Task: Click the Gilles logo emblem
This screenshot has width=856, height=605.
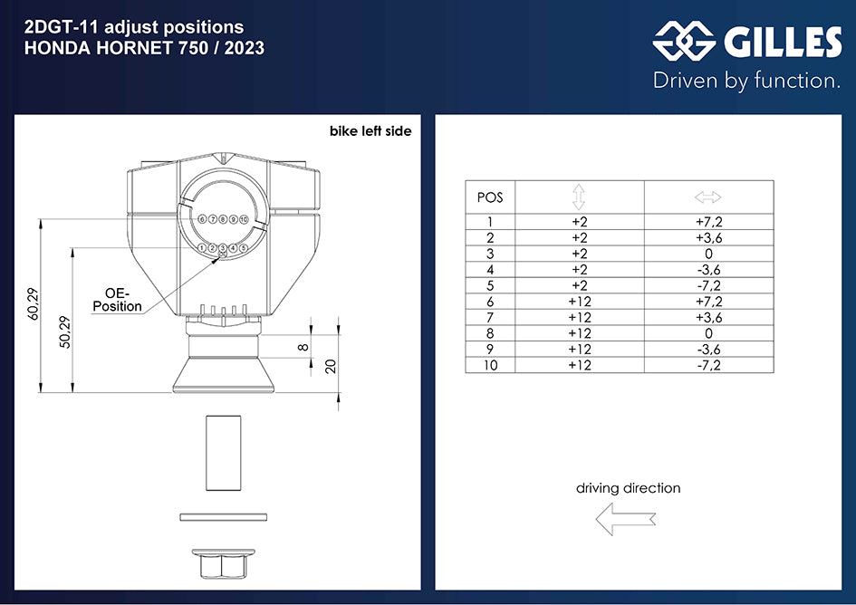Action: (684, 41)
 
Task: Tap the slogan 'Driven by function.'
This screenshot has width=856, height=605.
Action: (746, 81)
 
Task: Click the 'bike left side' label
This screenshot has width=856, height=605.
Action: (370, 131)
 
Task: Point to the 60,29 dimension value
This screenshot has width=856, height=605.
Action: (34, 303)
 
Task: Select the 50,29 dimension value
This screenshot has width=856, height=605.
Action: (65, 332)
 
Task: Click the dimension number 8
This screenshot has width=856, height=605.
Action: (303, 347)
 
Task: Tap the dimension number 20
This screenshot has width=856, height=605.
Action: (331, 366)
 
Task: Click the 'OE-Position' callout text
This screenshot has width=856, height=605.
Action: (117, 301)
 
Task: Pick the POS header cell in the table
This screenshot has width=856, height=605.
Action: (490, 197)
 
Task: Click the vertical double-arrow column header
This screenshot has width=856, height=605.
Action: (579, 197)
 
